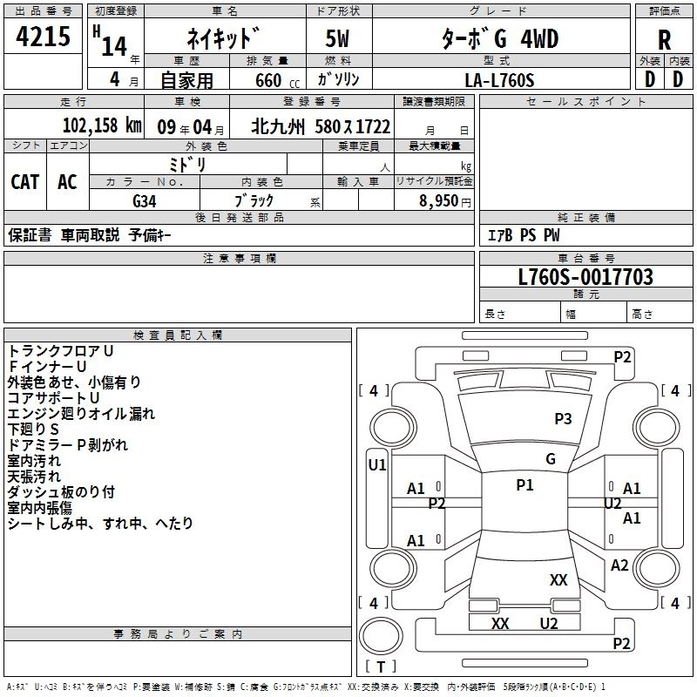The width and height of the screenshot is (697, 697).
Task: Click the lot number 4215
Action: (44, 37)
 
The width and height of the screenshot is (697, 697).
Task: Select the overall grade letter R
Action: (664, 38)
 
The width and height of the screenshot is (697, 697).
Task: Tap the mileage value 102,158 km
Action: (102, 125)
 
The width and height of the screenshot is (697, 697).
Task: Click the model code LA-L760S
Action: (499, 80)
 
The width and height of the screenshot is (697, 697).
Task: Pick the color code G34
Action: (145, 201)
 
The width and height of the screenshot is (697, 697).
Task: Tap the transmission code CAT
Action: (25, 181)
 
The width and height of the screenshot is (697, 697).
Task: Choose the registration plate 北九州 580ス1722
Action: (321, 125)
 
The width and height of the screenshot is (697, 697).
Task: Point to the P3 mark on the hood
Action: (563, 419)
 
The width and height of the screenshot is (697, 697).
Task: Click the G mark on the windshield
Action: (550, 459)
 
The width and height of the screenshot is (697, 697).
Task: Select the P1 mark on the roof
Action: (524, 485)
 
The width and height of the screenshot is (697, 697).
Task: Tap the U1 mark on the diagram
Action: (377, 465)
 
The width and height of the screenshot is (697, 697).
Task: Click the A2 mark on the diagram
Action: (619, 565)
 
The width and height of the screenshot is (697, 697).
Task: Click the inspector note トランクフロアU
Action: (61, 351)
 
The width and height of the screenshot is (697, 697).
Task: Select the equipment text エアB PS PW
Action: (523, 235)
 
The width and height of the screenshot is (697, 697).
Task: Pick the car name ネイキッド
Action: (223, 39)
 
